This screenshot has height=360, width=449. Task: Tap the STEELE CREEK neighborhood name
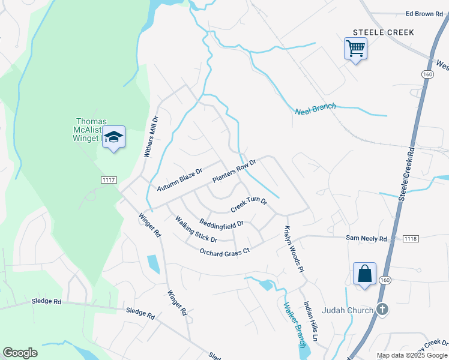(383, 32)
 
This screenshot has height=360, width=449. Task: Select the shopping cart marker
(355, 48)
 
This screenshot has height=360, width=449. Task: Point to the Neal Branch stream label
(316, 109)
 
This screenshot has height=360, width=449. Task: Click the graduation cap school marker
(113, 137)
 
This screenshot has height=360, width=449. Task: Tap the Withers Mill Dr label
(149, 137)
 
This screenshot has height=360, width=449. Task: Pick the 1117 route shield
(109, 180)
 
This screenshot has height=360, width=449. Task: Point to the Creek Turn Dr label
(249, 205)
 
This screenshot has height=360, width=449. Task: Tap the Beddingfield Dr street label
(221, 223)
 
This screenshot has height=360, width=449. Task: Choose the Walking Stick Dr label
(196, 229)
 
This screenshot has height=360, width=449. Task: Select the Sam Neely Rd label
(366, 239)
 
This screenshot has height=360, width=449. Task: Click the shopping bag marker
(365, 274)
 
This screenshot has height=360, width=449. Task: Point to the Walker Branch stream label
(295, 323)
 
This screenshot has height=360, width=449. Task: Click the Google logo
(20, 353)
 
